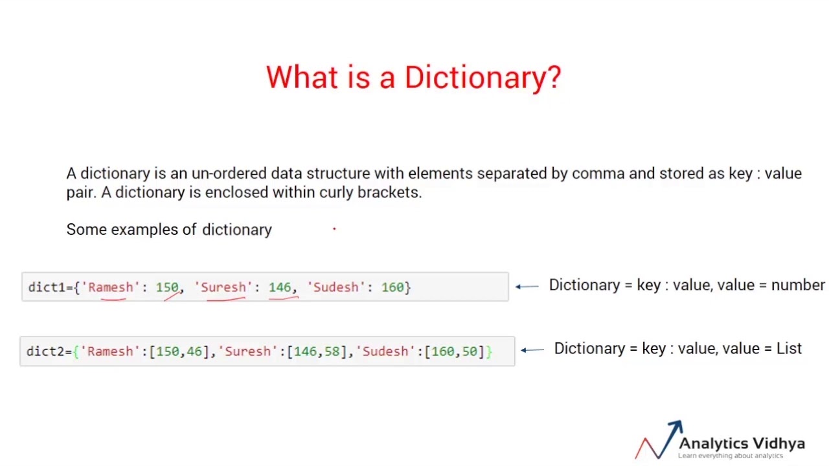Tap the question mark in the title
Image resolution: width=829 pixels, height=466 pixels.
coord(554,78)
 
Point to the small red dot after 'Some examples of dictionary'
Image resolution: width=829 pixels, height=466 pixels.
coord(334,228)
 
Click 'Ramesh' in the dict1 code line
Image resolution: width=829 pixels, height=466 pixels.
coord(110,287)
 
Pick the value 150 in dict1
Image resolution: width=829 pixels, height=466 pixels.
coord(166,287)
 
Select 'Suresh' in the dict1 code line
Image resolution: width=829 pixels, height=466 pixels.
coord(223,287)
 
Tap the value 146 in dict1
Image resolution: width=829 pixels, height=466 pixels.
coord(280,287)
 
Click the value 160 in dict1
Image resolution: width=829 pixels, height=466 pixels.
coord(392,287)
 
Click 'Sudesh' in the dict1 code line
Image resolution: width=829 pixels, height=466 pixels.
coord(335,287)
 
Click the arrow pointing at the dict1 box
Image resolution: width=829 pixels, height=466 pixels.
coord(527,286)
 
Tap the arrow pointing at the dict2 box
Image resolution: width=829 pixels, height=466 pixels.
coord(532,350)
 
